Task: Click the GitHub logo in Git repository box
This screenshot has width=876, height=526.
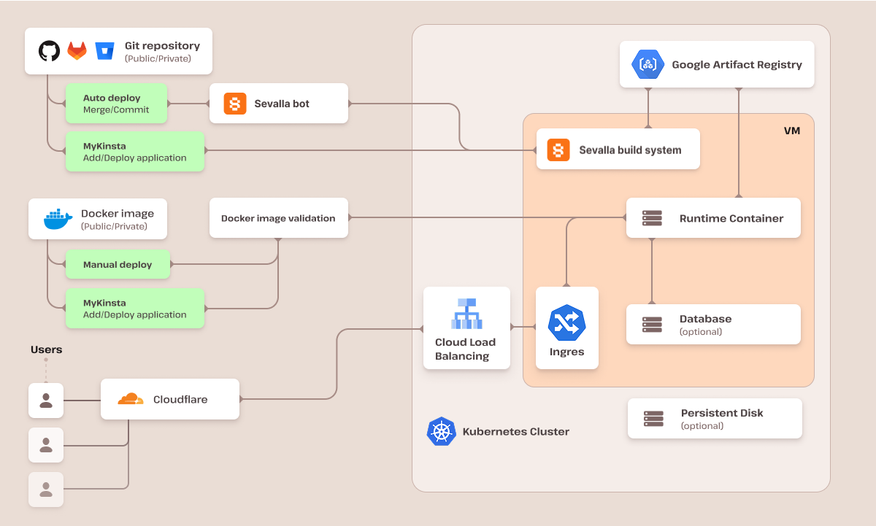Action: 49,51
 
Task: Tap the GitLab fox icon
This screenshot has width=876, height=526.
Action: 77,51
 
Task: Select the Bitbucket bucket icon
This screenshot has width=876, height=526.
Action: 104,51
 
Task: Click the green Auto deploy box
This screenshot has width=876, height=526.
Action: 116,104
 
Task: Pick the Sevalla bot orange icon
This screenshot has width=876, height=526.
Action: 235,104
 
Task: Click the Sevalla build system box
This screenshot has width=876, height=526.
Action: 618,150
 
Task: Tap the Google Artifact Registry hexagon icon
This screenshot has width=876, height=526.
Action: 648,65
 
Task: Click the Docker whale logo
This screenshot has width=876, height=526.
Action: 58,219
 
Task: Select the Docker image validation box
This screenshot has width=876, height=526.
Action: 278,218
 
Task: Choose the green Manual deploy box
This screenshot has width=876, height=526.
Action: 118,265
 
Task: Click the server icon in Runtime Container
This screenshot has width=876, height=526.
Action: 652,218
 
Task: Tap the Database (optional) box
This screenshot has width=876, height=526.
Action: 713,325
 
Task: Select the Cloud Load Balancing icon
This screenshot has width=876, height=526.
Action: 466,315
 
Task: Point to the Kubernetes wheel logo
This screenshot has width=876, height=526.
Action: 441,431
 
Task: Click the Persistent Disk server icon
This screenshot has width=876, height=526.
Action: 653,419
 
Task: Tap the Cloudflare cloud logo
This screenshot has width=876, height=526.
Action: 130,399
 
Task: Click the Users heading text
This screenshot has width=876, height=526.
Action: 46,349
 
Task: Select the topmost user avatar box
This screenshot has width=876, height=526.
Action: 46,401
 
